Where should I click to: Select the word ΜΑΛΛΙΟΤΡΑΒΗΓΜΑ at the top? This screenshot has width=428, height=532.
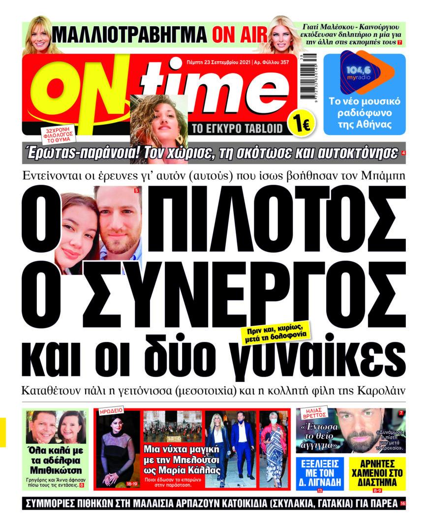129,35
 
